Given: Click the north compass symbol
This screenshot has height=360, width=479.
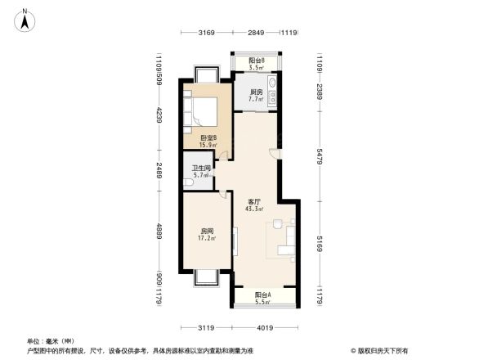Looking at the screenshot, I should [x=27, y=19].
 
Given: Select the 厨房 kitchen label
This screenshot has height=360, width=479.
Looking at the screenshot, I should [x=256, y=95].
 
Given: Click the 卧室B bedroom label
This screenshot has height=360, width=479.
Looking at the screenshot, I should [x=208, y=141].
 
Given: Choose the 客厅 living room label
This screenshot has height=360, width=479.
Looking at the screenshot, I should [x=253, y=205].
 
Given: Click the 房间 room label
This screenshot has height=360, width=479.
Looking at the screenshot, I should [x=208, y=235].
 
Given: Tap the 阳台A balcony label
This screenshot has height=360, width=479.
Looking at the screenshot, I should [x=262, y=298].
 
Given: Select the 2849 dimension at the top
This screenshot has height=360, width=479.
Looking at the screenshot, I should [x=257, y=33].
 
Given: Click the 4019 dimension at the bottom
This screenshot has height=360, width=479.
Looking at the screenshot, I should [x=262, y=327].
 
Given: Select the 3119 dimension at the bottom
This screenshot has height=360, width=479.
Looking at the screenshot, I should [x=205, y=327].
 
